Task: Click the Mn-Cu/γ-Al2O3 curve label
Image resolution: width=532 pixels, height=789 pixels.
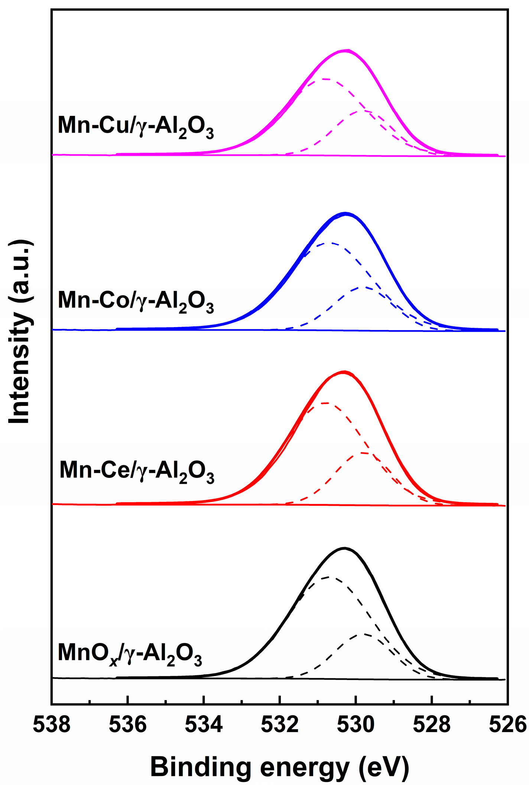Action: pyautogui.click(x=136, y=126)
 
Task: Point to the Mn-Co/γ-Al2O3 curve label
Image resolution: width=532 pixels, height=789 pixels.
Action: pyautogui.click(x=136, y=301)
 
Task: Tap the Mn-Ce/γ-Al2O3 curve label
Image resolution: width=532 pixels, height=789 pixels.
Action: pyautogui.click(x=137, y=471)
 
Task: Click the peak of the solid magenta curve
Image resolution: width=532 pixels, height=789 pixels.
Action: pyautogui.click(x=346, y=50)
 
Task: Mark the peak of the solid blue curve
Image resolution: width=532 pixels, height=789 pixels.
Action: pyautogui.click(x=346, y=213)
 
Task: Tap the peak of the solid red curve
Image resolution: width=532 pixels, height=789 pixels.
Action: pyautogui.click(x=344, y=371)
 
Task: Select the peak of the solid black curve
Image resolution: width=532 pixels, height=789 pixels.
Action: pyautogui.click(x=344, y=548)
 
